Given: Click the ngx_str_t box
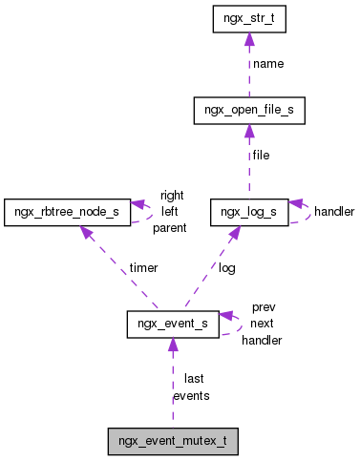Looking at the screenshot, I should coord(249,19).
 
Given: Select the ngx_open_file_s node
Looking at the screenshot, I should coord(249,111).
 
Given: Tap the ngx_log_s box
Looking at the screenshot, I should coord(249,211).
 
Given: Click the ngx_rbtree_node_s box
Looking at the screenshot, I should coord(66,211).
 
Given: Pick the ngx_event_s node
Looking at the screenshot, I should coord(172,325).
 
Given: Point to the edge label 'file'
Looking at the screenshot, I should coord(261,155).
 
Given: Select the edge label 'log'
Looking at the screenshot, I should coord(226,268).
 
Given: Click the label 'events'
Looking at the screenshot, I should coord(191,395).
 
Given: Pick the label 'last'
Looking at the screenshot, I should coord(194,379).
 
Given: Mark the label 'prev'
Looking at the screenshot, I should coord(263,307).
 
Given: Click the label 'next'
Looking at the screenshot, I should coord(263,324).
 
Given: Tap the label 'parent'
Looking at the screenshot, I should coord(169,227).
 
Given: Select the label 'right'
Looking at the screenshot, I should coord(172,195).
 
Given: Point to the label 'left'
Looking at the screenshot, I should coord(169,211).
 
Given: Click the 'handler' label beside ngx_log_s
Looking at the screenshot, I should coord(334,211).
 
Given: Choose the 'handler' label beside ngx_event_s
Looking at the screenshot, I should coord(262,340).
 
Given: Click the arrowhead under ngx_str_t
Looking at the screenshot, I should coord(249,39).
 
